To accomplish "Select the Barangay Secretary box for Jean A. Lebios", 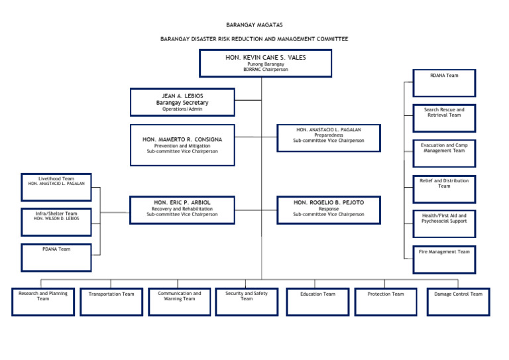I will point(182,102).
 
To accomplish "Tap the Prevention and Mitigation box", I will point(182,145).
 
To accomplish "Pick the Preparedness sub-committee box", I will point(328,138).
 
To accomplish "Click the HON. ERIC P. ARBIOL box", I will point(182,210).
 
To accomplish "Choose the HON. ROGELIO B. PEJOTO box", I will point(328,210).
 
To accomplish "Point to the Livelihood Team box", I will point(56,187).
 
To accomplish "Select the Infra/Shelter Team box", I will point(56,222).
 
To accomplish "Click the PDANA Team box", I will point(56,258).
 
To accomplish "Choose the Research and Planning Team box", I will point(43,302).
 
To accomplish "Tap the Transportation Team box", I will point(111,302).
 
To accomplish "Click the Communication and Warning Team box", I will point(180,302).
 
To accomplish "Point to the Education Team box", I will point(317,302).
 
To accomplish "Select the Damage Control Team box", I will point(458,302).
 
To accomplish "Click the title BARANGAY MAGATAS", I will point(254,25).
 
